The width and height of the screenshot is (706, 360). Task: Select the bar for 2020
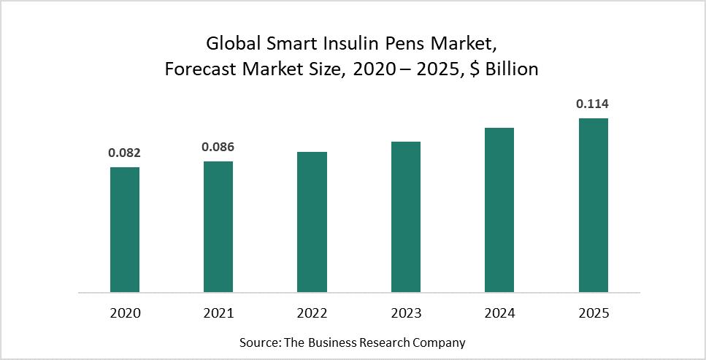pos(125,229)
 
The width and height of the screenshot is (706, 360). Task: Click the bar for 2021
pos(218,226)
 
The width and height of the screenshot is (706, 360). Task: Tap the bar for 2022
pos(312,222)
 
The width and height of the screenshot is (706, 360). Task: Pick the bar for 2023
pos(406,217)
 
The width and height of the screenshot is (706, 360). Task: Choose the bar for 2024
pos(499,210)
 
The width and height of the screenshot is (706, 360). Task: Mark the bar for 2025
pos(593,205)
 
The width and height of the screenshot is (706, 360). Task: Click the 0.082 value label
pos(125,153)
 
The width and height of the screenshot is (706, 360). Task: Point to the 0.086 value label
pos(218,148)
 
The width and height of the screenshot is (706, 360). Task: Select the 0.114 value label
pos(593,104)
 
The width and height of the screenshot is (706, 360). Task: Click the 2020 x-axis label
pos(125,313)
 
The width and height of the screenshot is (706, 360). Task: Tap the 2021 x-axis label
pos(218,313)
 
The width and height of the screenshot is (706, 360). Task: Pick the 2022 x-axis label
pos(312,313)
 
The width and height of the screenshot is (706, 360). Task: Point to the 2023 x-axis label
pos(406,313)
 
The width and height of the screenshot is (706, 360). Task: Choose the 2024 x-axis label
pos(499,313)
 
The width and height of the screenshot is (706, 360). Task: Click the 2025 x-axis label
pos(593,313)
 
